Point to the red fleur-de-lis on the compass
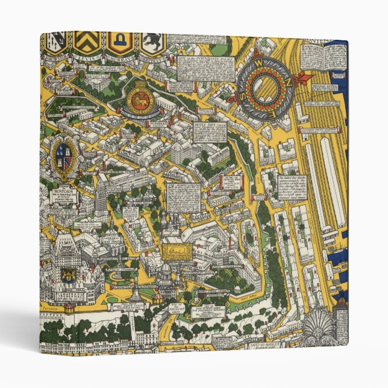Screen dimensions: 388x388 (x=266, y=86)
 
